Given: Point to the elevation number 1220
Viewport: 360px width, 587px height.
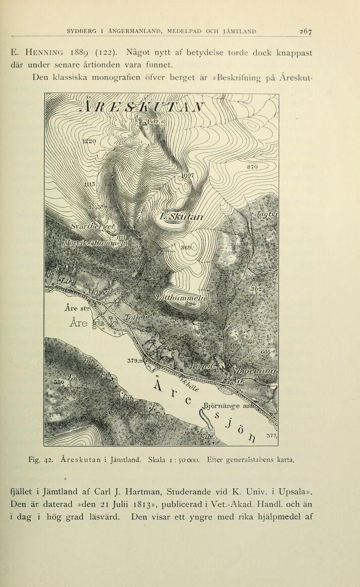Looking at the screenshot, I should pos(91,142).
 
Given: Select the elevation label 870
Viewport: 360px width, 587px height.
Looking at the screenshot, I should pos(253,166).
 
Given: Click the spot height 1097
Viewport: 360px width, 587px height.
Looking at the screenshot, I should pos(188,176).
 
